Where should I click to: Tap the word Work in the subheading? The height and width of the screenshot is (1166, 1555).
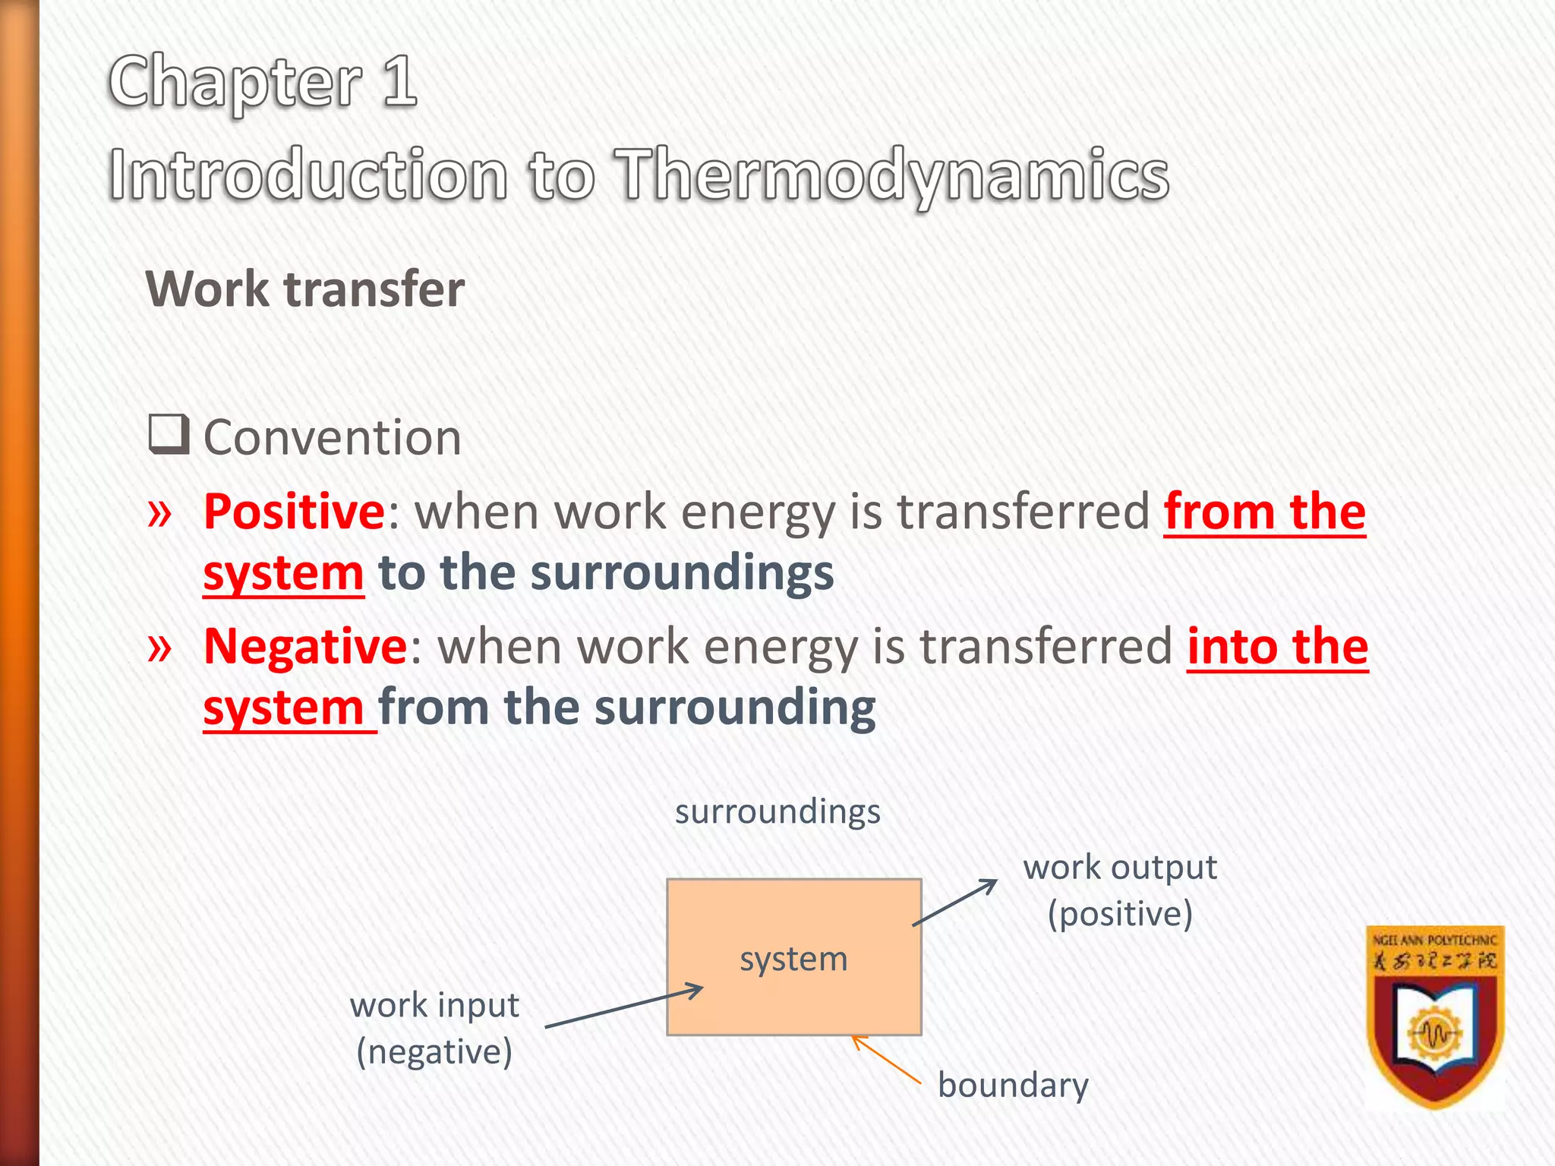(x=207, y=289)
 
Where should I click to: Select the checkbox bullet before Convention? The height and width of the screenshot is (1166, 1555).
(x=168, y=434)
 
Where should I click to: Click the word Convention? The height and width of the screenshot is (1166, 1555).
(x=333, y=438)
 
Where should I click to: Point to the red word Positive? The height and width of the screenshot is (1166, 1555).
(x=295, y=511)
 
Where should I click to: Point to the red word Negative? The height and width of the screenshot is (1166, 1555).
(x=306, y=646)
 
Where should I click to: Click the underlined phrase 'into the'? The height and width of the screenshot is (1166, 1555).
(x=1277, y=646)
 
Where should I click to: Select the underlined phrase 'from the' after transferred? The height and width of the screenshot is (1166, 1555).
(x=1264, y=511)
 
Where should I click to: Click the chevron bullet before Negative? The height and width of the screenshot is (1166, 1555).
(x=159, y=648)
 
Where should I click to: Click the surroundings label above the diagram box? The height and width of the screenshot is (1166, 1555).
(x=777, y=811)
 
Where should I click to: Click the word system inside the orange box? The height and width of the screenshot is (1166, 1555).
(x=793, y=959)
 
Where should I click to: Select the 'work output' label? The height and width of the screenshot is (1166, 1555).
(x=1120, y=867)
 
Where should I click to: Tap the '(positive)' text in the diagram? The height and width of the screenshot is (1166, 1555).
(x=1120, y=914)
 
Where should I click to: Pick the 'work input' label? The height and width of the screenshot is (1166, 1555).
(x=434, y=1005)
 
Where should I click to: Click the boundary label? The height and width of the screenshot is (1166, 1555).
(x=1013, y=1085)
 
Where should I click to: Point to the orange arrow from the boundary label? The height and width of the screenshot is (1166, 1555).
(x=885, y=1059)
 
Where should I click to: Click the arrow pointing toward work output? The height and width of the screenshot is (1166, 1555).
(x=955, y=903)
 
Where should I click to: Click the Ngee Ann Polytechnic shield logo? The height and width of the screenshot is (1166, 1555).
(x=1435, y=1017)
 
